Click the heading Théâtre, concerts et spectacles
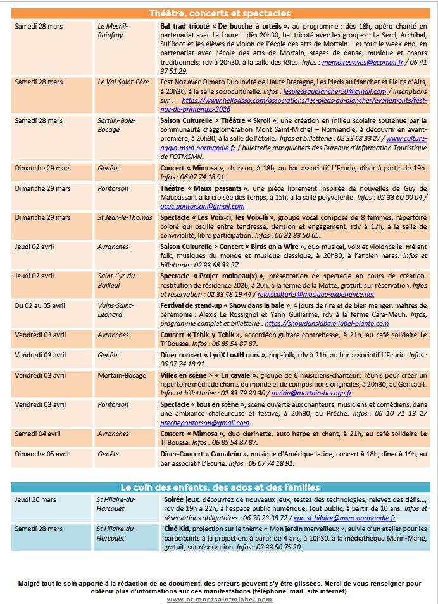(x=220, y=13)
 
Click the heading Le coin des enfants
(x=220, y=487)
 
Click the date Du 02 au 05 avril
(x=40, y=305)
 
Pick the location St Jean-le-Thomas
(x=125, y=217)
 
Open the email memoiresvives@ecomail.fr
(x=362, y=63)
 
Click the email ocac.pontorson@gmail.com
(x=193, y=206)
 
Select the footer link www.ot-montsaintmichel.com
(x=220, y=599)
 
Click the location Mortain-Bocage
(x=122, y=375)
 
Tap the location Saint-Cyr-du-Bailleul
(x=117, y=281)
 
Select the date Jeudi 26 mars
(x=35, y=499)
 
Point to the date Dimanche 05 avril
(x=42, y=454)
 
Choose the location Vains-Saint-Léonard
(x=116, y=310)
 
